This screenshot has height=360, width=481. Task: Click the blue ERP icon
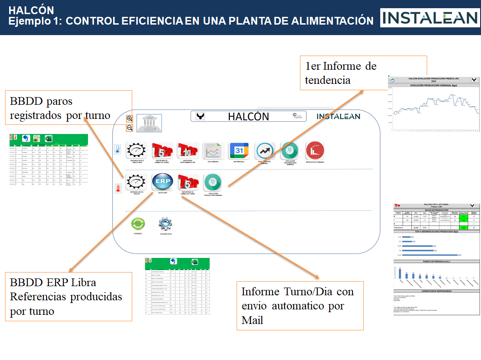pyautogui.click(x=162, y=181)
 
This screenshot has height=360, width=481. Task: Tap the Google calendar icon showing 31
pyautogui.click(x=239, y=150)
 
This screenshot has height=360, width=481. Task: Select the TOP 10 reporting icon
pyautogui.click(x=187, y=150)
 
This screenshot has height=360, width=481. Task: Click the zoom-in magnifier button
pyautogui.click(x=129, y=118)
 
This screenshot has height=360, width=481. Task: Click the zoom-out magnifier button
pyautogui.click(x=129, y=128)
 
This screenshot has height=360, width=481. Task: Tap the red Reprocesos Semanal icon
pyautogui.click(x=315, y=150)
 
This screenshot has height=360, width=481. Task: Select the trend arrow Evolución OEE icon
pyautogui.click(x=265, y=150)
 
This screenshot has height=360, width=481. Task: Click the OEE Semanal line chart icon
pyautogui.click(x=212, y=150)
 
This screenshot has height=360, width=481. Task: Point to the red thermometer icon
pyautogui.click(x=118, y=187)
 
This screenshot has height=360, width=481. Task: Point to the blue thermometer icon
pyautogui.click(x=117, y=149)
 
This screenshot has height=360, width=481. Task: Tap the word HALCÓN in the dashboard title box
pyautogui.click(x=248, y=117)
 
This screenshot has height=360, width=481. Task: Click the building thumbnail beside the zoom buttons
pyautogui.click(x=149, y=123)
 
